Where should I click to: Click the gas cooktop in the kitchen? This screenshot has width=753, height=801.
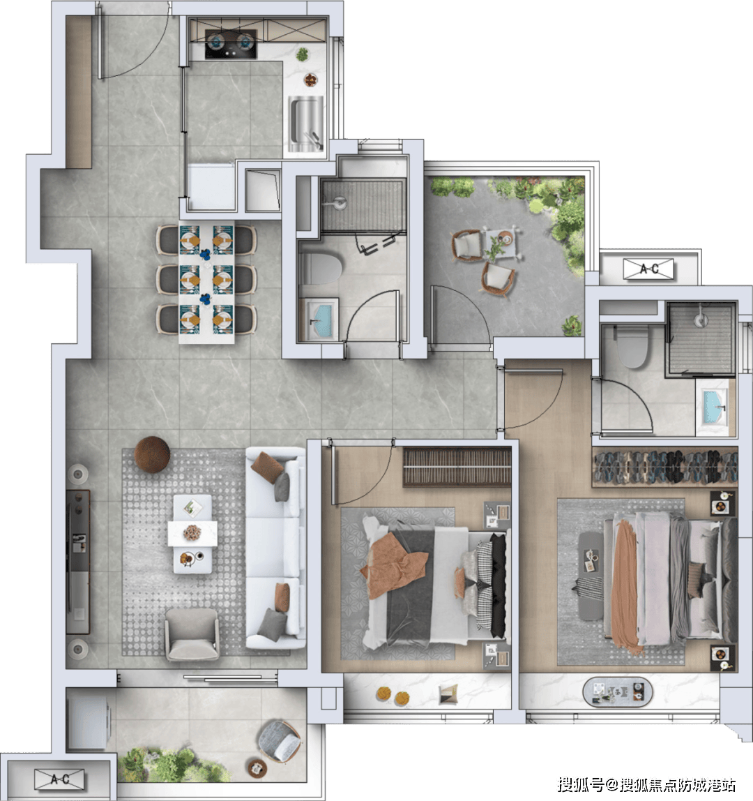click(x=231, y=43)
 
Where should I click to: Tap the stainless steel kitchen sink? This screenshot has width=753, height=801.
click(x=306, y=124)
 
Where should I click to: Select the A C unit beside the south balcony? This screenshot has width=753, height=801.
click(x=59, y=779)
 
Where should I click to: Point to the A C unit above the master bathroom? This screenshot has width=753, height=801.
click(x=648, y=269)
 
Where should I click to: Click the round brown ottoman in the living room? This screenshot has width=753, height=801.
click(x=152, y=454)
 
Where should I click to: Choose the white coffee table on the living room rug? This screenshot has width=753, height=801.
click(x=192, y=534)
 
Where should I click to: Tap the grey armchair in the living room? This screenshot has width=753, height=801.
click(x=192, y=634)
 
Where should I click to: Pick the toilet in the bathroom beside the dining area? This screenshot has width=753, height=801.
click(x=320, y=269)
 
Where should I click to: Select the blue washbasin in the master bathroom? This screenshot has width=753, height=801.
click(x=713, y=406)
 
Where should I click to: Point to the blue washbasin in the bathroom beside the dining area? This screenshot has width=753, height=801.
click(x=321, y=320)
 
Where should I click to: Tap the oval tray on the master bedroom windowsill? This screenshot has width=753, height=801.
click(x=618, y=691)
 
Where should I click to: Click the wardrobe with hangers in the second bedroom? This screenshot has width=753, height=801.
click(x=457, y=467)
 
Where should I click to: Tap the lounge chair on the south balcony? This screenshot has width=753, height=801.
click(x=280, y=741)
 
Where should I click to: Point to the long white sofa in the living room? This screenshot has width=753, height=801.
click(x=275, y=548)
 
